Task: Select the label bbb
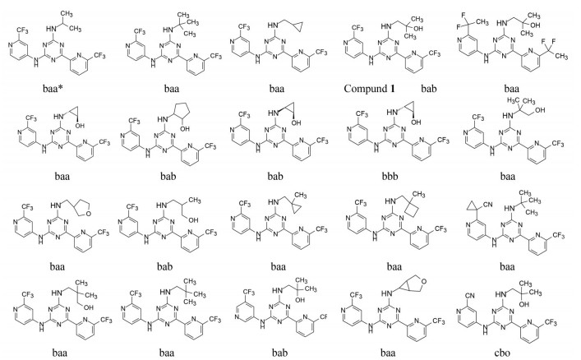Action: pyautogui.click(x=415, y=175)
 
